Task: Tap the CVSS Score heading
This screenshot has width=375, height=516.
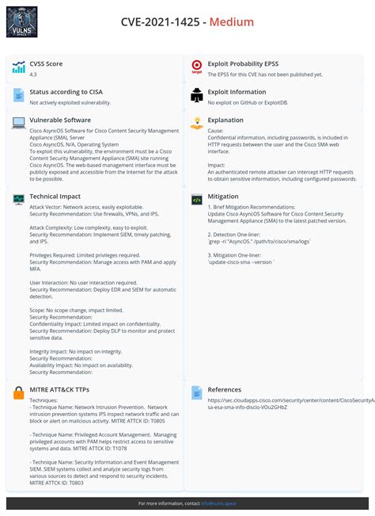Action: tap(46, 63)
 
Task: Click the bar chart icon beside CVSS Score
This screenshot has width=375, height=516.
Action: tap(18, 67)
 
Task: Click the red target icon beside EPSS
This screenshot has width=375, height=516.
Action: tap(197, 67)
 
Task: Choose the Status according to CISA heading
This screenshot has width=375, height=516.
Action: tap(67, 92)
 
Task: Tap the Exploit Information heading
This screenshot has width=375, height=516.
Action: tap(237, 92)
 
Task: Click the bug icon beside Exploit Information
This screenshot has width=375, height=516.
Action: tap(197, 96)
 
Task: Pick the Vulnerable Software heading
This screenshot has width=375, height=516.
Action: tap(60, 120)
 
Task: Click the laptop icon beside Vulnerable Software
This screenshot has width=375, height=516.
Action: tap(18, 123)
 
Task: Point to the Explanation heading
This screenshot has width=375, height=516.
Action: tap(225, 120)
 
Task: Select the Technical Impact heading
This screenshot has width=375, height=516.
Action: tap(55, 196)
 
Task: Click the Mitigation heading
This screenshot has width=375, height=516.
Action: tap(222, 196)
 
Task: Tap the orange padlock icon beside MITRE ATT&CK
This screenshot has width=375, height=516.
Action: tap(18, 392)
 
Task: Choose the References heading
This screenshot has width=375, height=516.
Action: tap(225, 390)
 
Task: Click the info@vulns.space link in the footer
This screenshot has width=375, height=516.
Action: tap(220, 503)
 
